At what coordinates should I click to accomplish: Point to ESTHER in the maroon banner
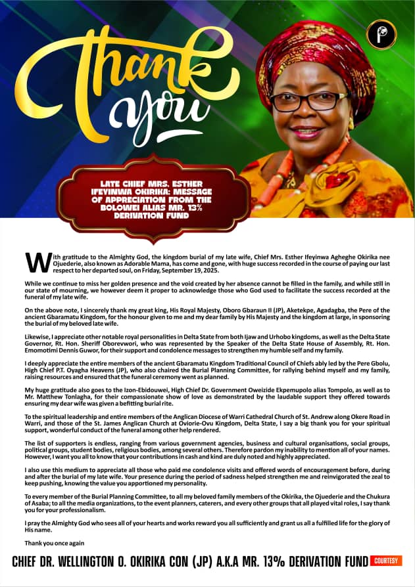(x=190, y=183)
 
